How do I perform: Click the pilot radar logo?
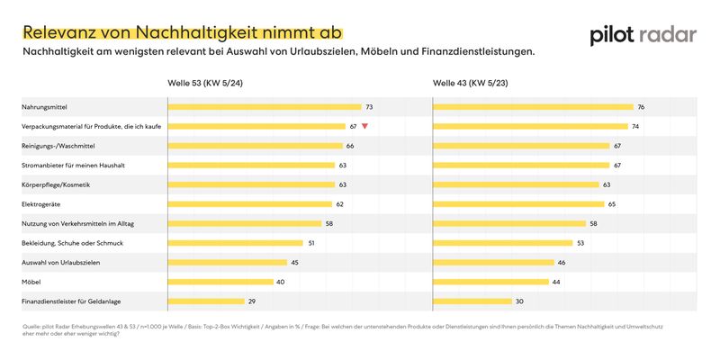(x=643, y=35)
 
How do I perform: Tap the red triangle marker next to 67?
(x=364, y=127)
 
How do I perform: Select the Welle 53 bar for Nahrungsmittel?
(x=265, y=107)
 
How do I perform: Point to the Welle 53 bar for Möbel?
(x=221, y=282)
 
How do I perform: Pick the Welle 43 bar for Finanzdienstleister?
(x=472, y=301)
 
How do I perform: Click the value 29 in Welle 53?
(x=253, y=301)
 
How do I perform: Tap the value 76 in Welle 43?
(x=641, y=107)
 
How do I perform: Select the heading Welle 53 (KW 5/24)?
(x=206, y=84)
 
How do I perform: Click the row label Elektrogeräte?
(x=45, y=204)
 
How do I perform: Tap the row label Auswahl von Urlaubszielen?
(x=59, y=262)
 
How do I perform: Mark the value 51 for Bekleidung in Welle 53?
(x=311, y=243)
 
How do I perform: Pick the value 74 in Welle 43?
(x=635, y=127)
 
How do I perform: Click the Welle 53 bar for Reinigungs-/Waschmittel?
(x=256, y=146)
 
